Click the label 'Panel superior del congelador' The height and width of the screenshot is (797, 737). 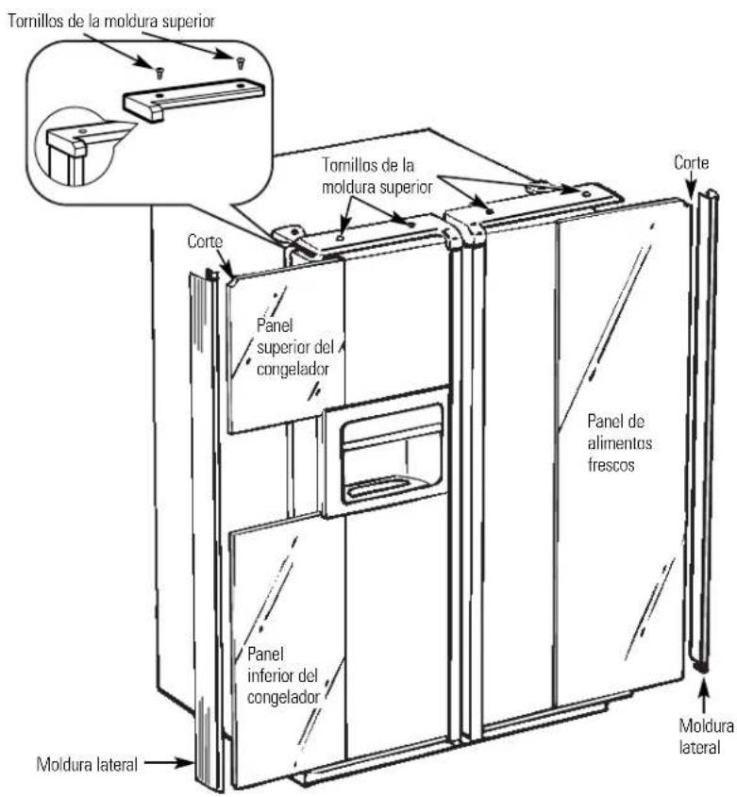pyautogui.click(x=295, y=347)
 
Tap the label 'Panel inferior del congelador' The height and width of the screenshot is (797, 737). pyautogui.click(x=283, y=675)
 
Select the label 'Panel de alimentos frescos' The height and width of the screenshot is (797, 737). pyautogui.click(x=619, y=442)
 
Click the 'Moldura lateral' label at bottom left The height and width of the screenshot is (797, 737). pyautogui.click(x=87, y=764)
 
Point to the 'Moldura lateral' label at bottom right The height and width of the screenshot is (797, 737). pyautogui.click(x=707, y=736)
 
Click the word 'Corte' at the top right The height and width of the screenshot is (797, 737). pyautogui.click(x=691, y=162)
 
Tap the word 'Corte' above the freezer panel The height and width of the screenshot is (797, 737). pyautogui.click(x=205, y=241)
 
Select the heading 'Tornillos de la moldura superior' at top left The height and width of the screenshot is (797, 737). pyautogui.click(x=111, y=21)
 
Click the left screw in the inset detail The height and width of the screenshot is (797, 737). pyautogui.click(x=159, y=74)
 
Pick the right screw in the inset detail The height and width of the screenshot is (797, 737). pyautogui.click(x=240, y=63)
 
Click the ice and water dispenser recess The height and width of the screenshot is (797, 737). pyautogui.click(x=392, y=454)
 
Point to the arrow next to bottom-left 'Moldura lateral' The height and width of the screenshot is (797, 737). pyautogui.click(x=168, y=762)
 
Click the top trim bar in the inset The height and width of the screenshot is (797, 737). pyautogui.click(x=193, y=99)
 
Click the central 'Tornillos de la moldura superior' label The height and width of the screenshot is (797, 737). pyautogui.click(x=377, y=175)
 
